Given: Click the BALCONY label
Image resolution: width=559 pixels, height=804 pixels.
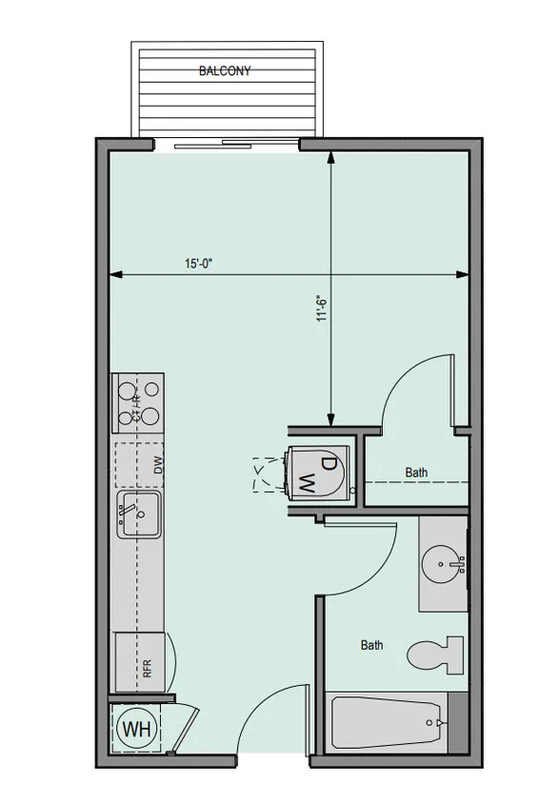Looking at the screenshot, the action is coord(225,70).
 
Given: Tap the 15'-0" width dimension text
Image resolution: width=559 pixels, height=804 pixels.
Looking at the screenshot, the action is coord(199,264).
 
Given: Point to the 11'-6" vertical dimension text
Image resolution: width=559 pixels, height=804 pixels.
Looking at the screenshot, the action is coord(322,308).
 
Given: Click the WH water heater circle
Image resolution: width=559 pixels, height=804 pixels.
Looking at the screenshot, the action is coord(137,728).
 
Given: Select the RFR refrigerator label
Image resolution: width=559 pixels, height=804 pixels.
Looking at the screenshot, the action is coord(148,669).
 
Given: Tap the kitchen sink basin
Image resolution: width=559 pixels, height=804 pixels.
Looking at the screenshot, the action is coord(139,514).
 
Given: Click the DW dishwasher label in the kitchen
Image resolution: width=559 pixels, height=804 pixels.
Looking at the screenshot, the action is coord(158,465).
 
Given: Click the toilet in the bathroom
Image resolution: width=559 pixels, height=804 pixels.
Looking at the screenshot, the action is coord(435,654).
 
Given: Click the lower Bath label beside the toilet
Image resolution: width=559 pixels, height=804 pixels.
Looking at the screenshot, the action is coord(371,645).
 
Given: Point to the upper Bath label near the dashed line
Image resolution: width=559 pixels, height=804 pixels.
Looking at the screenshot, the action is coord(416,472).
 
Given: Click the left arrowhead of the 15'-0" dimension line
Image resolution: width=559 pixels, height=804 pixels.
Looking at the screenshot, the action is coord(116,275).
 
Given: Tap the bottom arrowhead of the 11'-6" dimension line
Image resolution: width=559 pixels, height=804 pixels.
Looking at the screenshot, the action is coord(331,420).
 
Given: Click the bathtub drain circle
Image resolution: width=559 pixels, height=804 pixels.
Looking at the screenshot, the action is coord(429,723).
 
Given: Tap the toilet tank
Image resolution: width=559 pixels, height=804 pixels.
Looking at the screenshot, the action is coord(455,654).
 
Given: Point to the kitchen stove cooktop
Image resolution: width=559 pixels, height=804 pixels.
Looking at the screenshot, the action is coord(138,404).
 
